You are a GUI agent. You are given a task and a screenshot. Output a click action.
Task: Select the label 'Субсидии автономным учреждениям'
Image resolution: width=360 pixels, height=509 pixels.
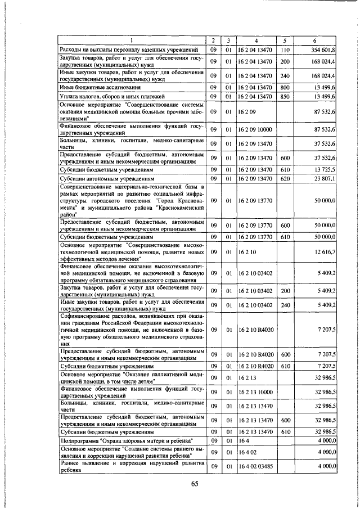[102, 178]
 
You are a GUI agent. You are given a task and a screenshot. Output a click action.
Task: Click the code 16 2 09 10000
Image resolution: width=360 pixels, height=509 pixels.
[255, 129]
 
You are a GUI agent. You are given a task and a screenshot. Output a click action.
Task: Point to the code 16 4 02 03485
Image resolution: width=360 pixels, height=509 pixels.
[255, 466]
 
